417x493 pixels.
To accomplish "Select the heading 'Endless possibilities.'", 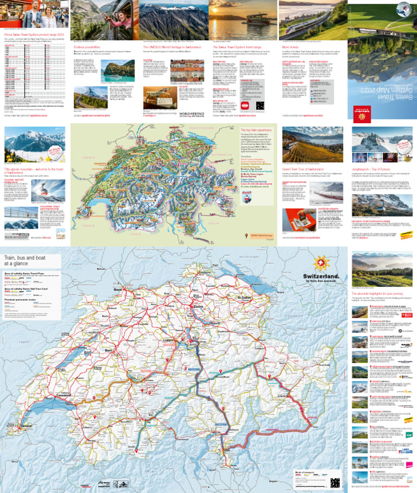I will pyautogui.click(x=89, y=47).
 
